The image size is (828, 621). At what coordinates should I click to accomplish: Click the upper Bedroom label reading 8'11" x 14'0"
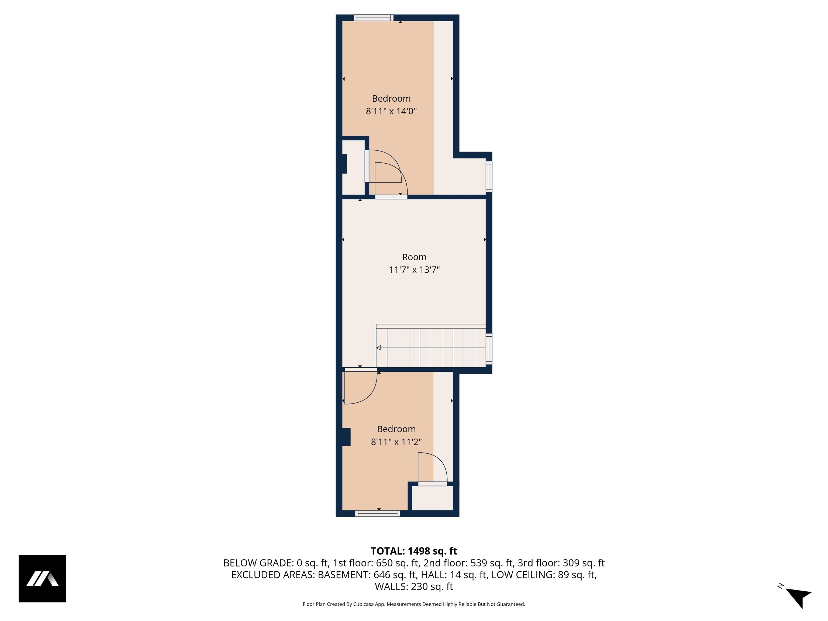[391, 111]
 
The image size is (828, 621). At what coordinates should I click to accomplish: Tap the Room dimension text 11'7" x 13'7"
[414, 270]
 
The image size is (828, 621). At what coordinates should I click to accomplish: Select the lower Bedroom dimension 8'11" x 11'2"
[396, 442]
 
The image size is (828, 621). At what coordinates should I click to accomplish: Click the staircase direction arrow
[379, 348]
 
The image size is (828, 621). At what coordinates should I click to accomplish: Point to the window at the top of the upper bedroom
[374, 18]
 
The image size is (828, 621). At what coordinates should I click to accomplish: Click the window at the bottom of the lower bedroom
[377, 513]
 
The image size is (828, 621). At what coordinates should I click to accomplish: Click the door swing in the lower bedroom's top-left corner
[359, 387]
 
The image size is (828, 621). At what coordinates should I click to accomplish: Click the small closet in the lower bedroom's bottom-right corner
[432, 498]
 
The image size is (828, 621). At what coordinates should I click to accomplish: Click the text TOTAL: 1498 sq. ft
[414, 551]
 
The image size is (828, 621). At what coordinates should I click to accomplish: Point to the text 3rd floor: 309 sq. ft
[561, 563]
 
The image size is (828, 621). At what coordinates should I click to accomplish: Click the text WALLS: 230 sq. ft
[414, 586]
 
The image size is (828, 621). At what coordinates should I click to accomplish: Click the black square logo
[42, 578]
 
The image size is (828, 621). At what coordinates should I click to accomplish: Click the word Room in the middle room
[414, 257]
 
